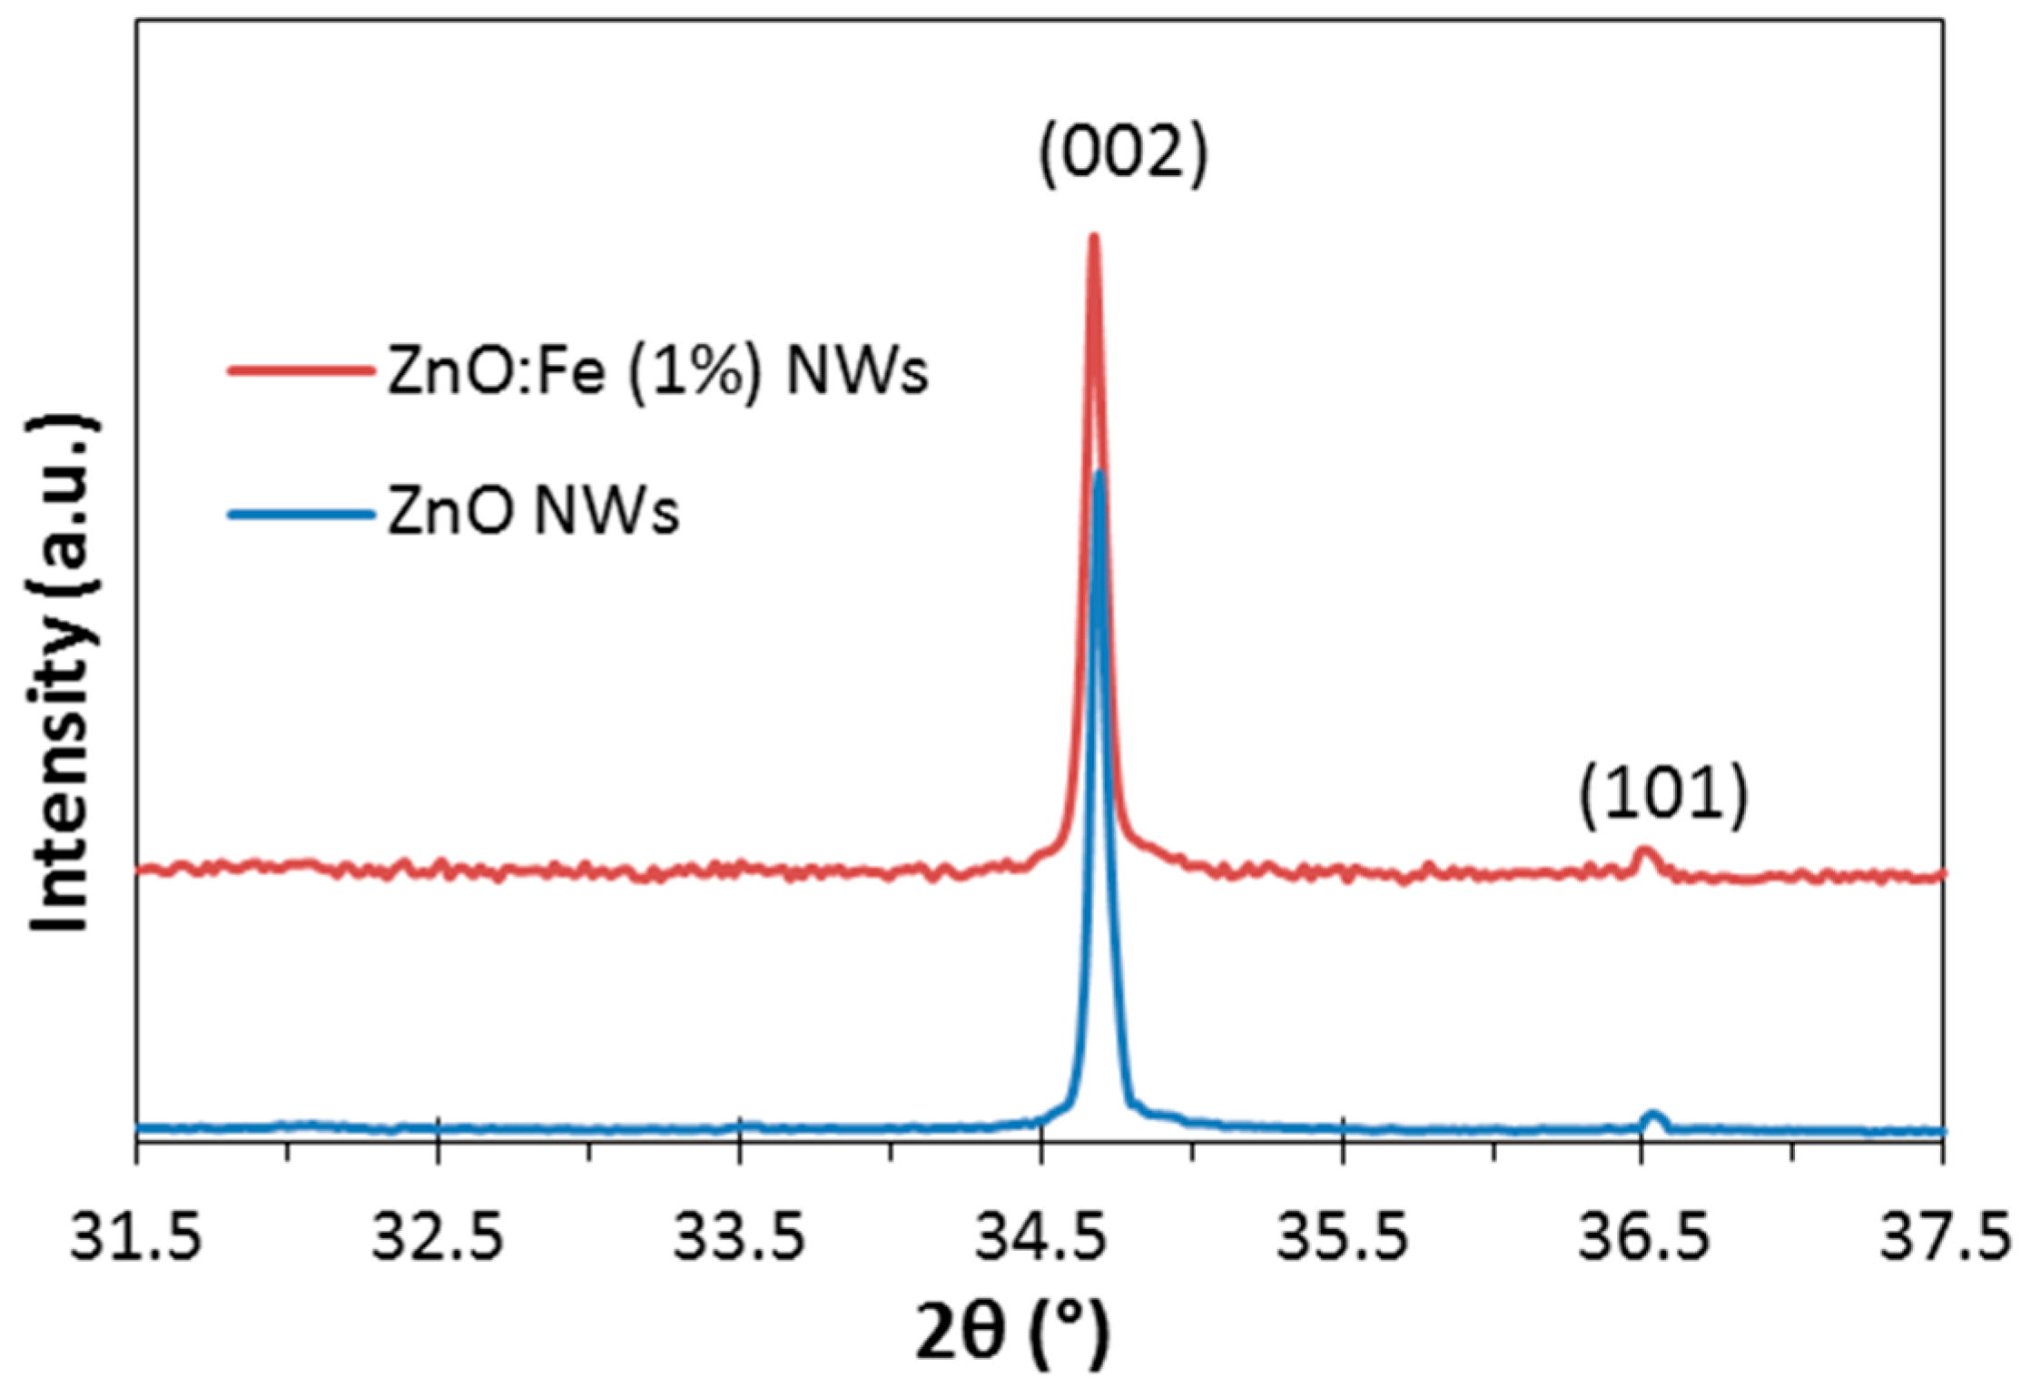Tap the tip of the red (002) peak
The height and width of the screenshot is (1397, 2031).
(1093, 239)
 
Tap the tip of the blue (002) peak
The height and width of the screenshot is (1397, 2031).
(1099, 475)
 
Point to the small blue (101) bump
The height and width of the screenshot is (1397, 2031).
(1653, 1116)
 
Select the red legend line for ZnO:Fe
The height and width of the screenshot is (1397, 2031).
(300, 370)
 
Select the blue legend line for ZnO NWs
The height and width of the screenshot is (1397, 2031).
(300, 514)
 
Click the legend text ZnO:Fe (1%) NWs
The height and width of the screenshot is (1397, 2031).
(657, 372)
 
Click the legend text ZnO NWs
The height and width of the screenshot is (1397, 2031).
(533, 514)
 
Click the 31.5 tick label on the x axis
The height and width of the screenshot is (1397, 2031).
(136, 1239)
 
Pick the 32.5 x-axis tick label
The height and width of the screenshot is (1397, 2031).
(438, 1239)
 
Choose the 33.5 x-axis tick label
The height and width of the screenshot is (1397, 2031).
(739, 1239)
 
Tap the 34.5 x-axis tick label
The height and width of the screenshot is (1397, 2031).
(1040, 1239)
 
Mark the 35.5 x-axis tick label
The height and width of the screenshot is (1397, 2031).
(1342, 1239)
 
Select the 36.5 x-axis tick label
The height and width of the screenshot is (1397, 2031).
(1643, 1239)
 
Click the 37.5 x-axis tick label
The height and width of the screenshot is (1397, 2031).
(1943, 1239)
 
